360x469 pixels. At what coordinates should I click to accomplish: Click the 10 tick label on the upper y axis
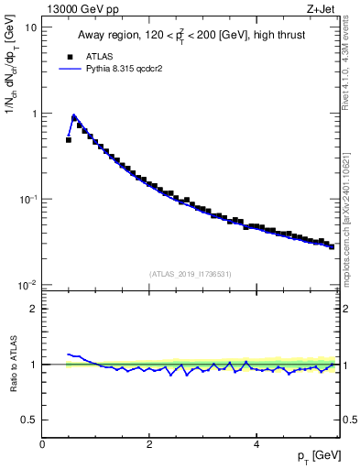[29, 27]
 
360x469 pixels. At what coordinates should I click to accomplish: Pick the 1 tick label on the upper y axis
[33, 114]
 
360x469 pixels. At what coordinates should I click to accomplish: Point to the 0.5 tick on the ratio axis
[28, 420]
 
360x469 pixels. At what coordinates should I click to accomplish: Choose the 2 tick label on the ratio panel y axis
[33, 309]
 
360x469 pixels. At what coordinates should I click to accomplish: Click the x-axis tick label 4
[256, 444]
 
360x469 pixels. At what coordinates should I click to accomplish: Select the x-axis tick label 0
[42, 444]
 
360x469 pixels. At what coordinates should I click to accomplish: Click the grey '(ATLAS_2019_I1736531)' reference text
[191, 273]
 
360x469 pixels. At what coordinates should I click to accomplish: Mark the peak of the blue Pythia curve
[74, 115]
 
